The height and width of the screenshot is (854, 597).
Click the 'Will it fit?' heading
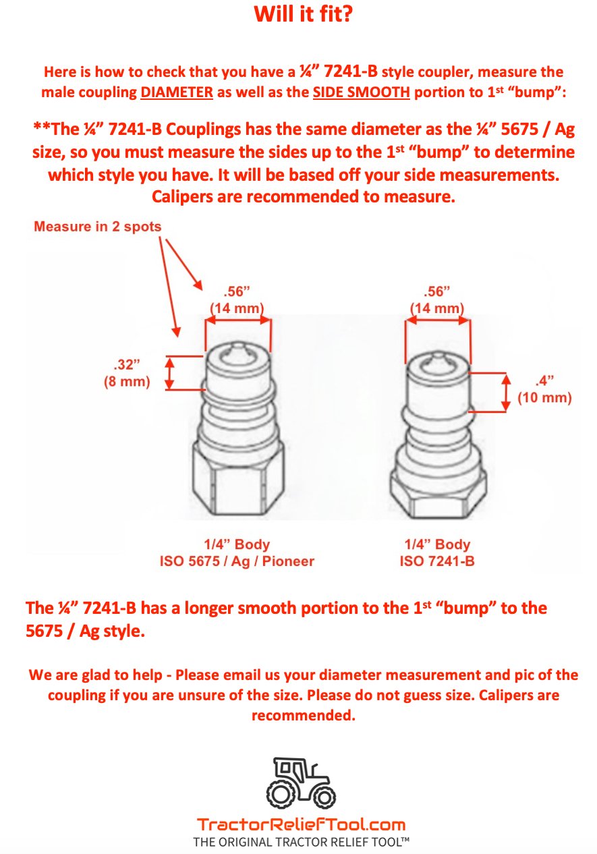(x=303, y=13)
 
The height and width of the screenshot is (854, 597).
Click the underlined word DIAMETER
(x=177, y=93)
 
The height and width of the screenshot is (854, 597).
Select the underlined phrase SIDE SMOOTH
(x=361, y=93)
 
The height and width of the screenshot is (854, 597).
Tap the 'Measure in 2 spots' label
(x=98, y=227)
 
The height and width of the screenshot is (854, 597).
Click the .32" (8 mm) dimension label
(x=126, y=372)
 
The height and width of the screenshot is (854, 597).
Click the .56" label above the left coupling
(x=237, y=292)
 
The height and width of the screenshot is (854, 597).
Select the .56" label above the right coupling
(x=437, y=292)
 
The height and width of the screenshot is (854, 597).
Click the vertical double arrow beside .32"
(x=171, y=372)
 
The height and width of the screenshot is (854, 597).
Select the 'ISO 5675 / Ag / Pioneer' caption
(x=237, y=561)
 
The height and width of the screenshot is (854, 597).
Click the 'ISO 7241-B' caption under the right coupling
(x=437, y=561)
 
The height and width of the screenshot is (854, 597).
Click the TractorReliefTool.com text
(x=301, y=824)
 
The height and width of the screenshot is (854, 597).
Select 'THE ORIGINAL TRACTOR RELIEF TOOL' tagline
(x=301, y=842)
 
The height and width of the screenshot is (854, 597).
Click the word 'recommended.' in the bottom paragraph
(x=303, y=716)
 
